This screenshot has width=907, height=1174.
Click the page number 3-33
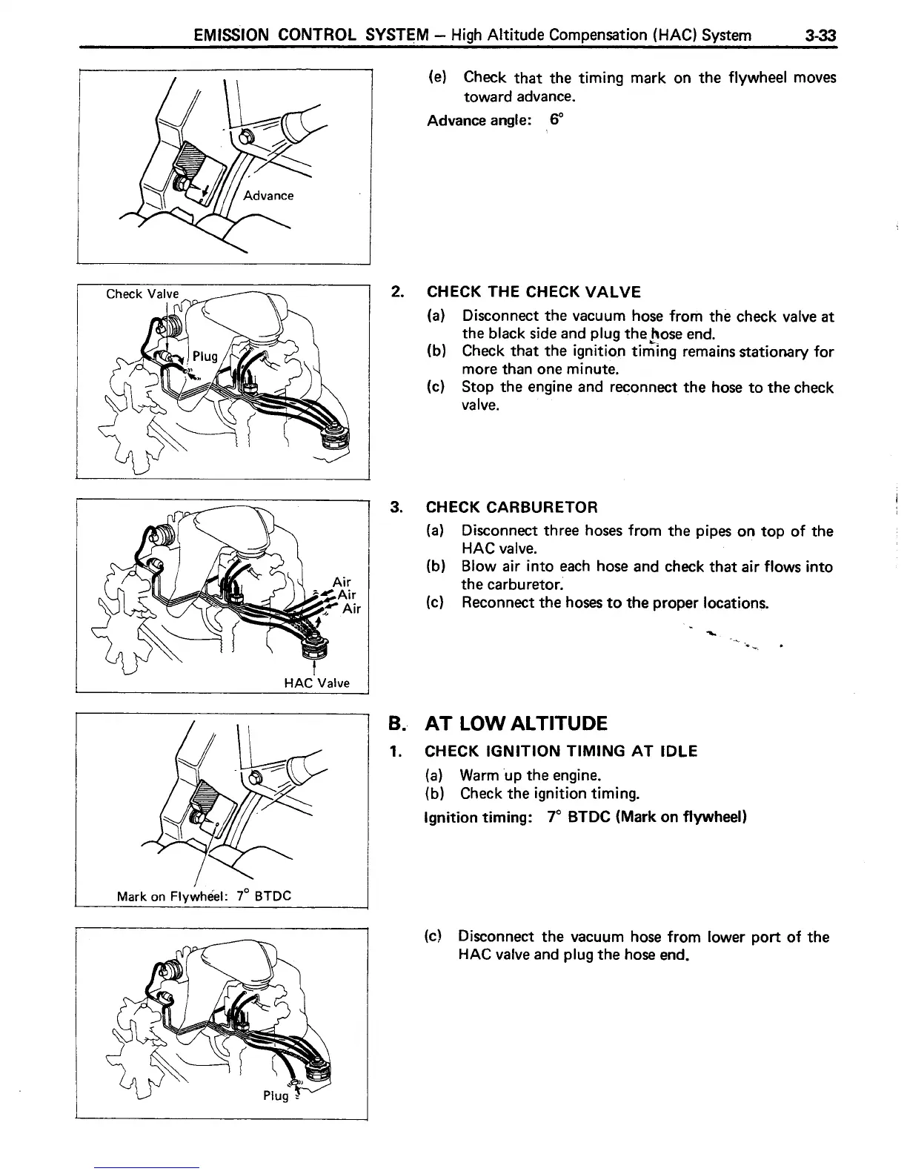click(x=818, y=35)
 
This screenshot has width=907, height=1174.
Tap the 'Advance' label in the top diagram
click(x=268, y=196)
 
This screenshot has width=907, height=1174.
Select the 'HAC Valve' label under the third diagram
click(x=317, y=683)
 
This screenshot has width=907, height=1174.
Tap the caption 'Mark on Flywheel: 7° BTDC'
click(x=205, y=895)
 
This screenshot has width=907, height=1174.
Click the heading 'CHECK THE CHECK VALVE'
click(x=534, y=292)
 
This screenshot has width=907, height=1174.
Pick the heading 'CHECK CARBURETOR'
click(x=511, y=507)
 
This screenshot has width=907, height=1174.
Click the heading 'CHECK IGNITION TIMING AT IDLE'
click(x=561, y=752)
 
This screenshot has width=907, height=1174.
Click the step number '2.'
click(x=396, y=292)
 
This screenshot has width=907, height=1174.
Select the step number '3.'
click(x=396, y=507)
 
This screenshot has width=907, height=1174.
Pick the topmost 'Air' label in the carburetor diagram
click(x=342, y=582)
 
